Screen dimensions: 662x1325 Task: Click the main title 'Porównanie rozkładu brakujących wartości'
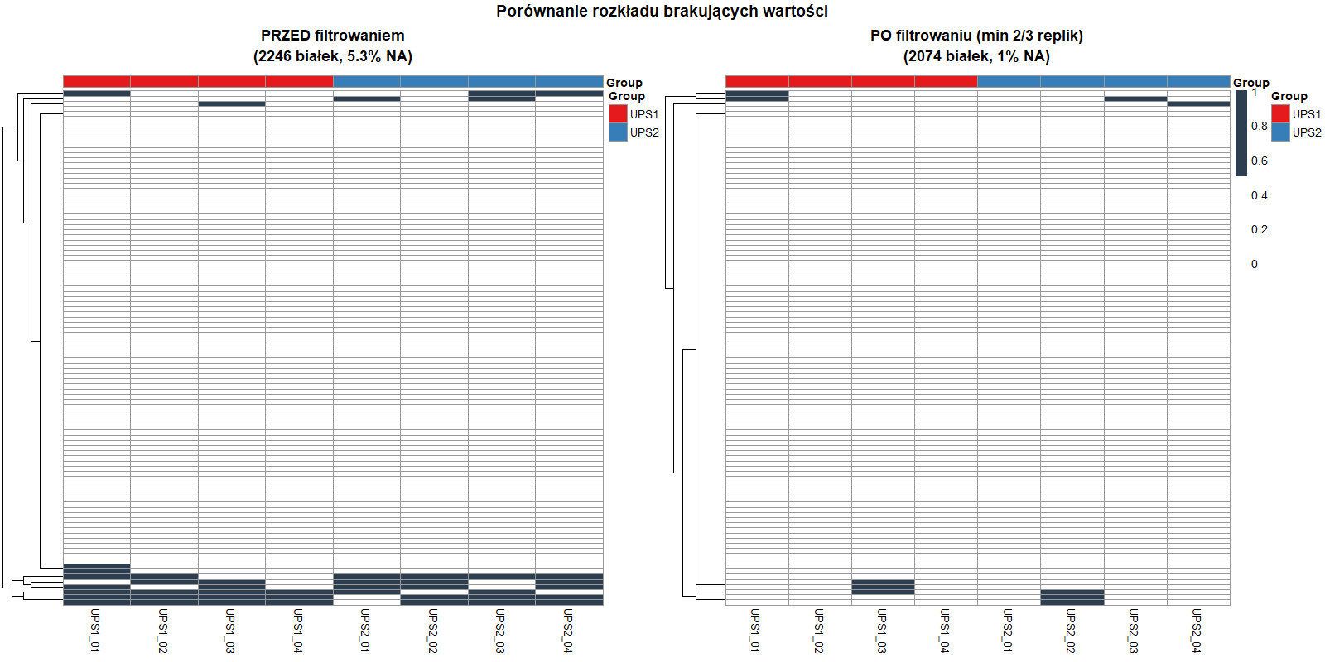(x=662, y=11)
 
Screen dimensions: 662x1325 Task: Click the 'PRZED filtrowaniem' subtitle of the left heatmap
(x=332, y=36)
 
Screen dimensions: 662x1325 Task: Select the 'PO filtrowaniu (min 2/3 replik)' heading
(x=976, y=36)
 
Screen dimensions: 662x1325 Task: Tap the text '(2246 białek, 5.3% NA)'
(x=332, y=56)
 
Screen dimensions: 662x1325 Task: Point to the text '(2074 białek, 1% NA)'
(x=976, y=56)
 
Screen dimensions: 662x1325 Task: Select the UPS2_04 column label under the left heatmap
(x=568, y=631)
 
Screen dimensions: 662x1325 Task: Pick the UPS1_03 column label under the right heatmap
(x=882, y=631)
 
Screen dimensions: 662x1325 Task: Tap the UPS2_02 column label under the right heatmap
(x=1071, y=631)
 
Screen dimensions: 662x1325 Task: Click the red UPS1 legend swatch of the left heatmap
(x=618, y=114)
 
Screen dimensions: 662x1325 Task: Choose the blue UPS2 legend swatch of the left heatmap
(x=618, y=132)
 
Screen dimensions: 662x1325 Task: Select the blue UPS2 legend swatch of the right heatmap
(x=1280, y=132)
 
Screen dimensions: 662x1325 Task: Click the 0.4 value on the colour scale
(x=1259, y=195)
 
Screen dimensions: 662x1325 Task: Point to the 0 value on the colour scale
(x=1254, y=264)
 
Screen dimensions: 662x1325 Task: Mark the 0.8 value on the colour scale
(x=1259, y=126)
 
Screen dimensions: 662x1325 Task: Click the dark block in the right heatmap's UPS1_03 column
(x=883, y=587)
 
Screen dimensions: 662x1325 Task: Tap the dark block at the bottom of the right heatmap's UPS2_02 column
(x=1072, y=597)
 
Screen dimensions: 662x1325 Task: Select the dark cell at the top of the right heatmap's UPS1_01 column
(x=757, y=96)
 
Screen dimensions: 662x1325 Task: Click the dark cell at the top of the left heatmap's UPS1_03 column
(x=232, y=103)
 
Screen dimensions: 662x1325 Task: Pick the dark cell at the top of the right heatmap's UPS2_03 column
(x=1135, y=98)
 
